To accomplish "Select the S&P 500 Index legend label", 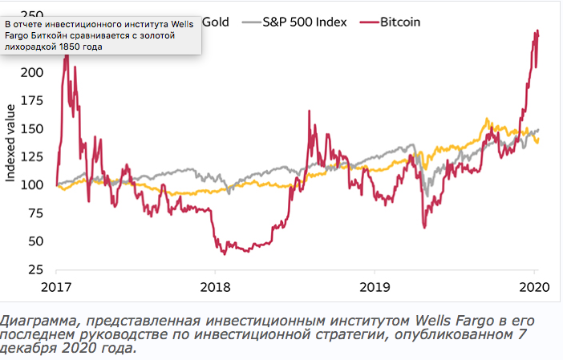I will (305, 22).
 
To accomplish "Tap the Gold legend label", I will (216, 22).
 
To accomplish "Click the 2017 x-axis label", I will (57, 287).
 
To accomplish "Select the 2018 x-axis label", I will (215, 287).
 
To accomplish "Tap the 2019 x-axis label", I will (375, 287).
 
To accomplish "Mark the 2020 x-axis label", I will (533, 287).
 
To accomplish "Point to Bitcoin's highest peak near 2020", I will (535, 31).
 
